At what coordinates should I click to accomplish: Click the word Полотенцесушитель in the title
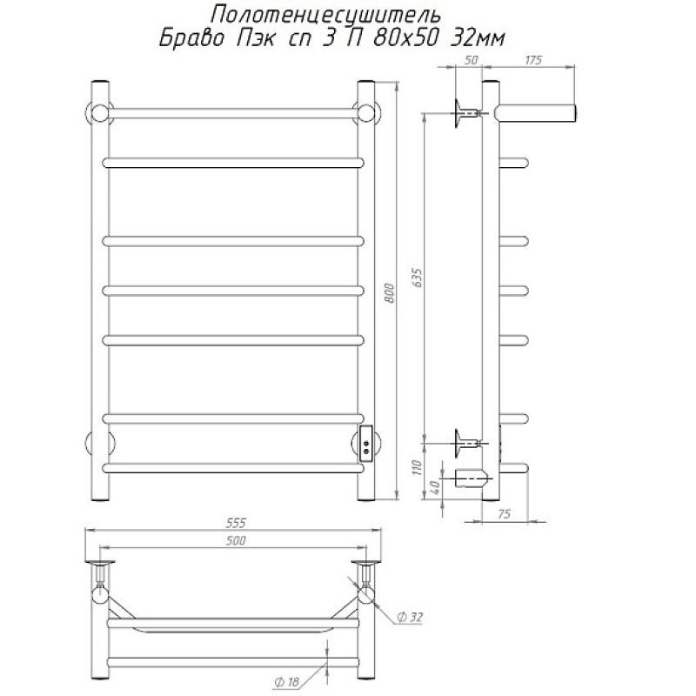(325, 14)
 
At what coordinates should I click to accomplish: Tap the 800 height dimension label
(389, 293)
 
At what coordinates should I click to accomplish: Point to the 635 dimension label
(418, 278)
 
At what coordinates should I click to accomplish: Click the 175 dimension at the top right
(532, 59)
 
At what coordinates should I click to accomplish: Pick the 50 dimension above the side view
(471, 59)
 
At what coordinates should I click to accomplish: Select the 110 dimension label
(418, 467)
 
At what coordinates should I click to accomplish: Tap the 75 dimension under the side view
(505, 514)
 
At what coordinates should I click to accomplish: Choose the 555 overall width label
(235, 524)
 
